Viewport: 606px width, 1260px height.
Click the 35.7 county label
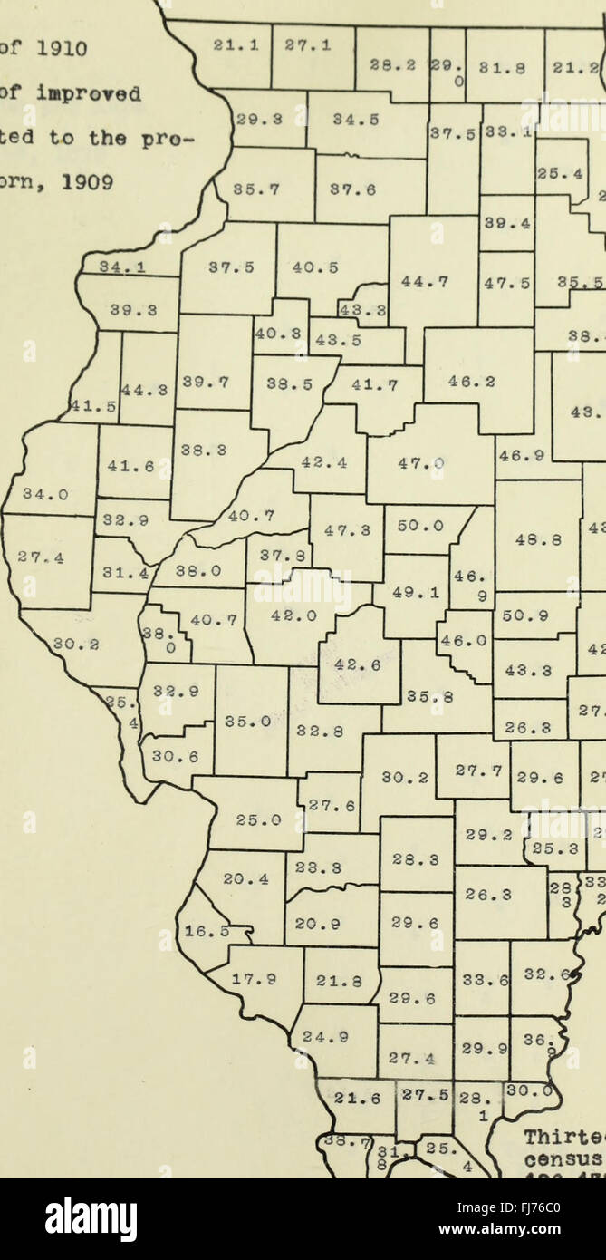click(x=255, y=190)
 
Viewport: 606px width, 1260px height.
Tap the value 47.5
click(x=505, y=282)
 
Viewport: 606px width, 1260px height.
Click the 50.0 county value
click(x=421, y=525)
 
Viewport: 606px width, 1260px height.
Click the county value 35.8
click(x=429, y=698)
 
